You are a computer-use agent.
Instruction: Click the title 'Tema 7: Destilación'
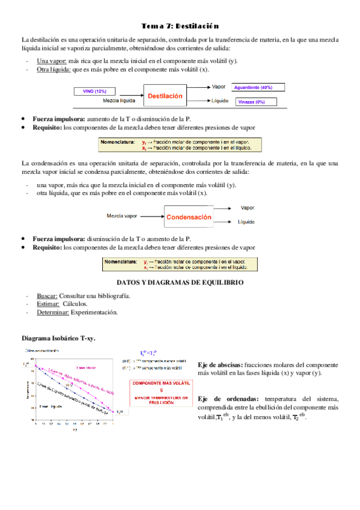(x=180, y=26)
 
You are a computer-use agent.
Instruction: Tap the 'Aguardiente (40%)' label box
(x=257, y=88)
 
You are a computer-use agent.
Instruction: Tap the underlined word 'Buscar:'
(x=47, y=296)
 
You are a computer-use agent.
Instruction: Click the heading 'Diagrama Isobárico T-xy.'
(x=58, y=339)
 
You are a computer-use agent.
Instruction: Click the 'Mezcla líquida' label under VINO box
(x=118, y=100)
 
